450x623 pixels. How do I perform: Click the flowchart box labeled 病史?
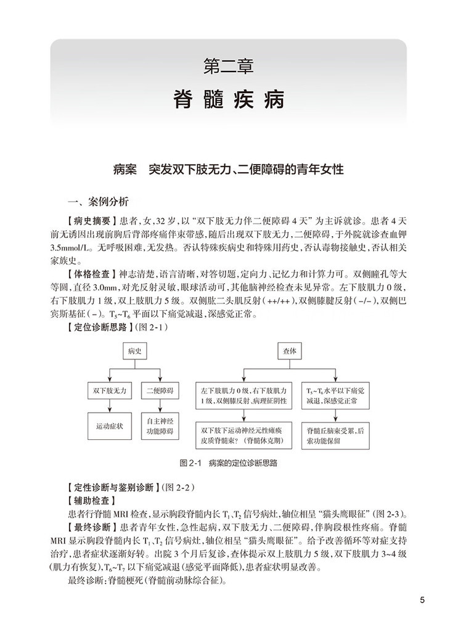(134, 351)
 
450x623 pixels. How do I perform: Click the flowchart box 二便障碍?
(158, 391)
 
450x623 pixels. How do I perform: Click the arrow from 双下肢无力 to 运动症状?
(110, 407)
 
